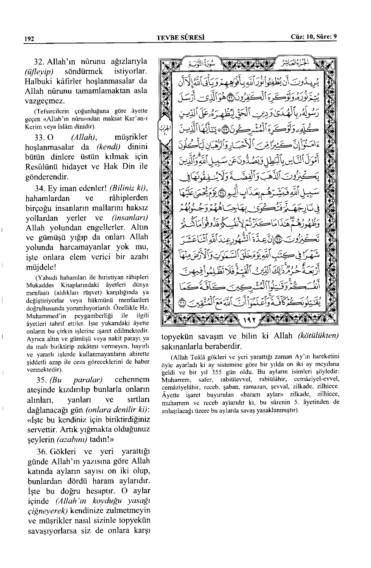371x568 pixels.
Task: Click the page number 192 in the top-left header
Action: (28, 39)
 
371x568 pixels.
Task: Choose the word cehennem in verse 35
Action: (132, 380)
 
